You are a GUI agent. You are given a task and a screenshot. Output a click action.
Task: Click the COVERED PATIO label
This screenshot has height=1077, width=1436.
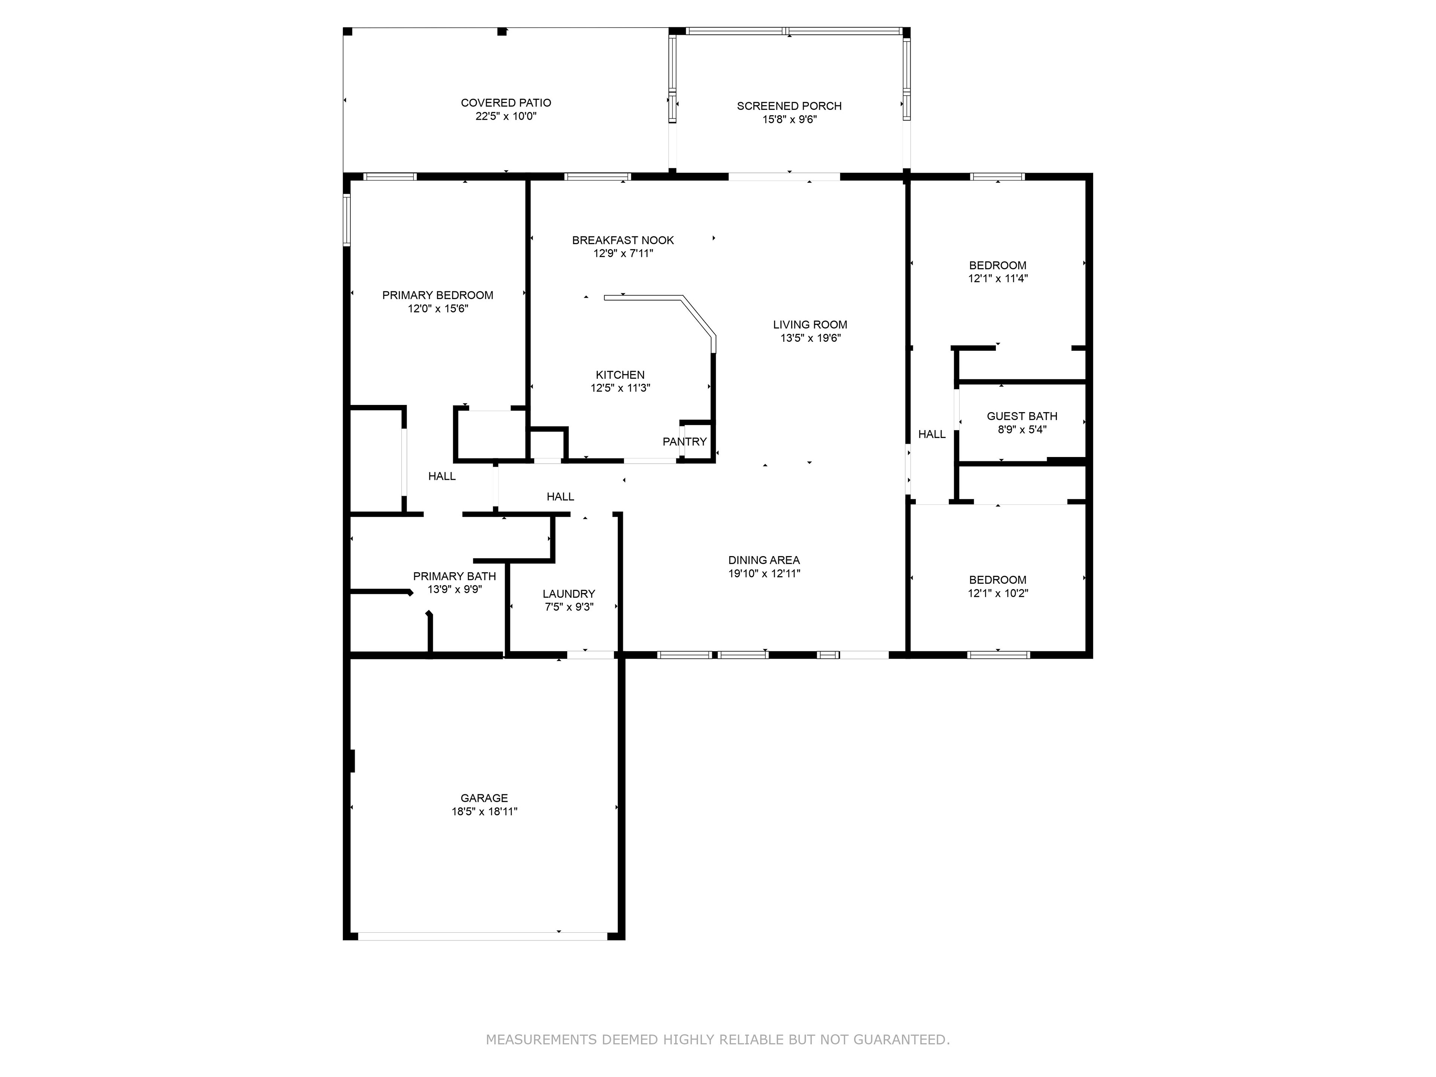coord(506,102)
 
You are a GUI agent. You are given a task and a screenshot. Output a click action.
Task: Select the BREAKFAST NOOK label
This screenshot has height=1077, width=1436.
coord(623,240)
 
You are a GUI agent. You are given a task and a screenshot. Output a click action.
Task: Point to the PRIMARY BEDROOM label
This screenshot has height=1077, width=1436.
coord(438,295)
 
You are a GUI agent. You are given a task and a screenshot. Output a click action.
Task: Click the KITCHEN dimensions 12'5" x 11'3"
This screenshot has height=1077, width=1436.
coord(620,388)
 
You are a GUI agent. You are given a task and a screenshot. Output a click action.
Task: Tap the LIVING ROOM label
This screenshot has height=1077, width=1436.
coord(810,325)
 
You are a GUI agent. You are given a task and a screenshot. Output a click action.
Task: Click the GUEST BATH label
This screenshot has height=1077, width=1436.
coord(1022,416)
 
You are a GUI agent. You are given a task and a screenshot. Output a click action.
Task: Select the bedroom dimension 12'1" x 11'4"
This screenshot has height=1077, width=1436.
coord(998,279)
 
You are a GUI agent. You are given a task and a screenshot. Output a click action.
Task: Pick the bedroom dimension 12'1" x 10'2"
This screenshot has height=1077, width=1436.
coord(998,593)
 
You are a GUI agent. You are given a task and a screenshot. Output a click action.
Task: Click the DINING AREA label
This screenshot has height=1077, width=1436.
coord(764,560)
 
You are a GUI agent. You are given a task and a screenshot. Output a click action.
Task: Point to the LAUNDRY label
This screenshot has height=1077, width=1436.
coord(569,594)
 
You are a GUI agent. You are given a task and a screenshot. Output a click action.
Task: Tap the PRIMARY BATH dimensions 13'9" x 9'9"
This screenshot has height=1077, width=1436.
coord(454,589)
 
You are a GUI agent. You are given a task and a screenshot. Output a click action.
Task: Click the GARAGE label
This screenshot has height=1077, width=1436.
coord(484,798)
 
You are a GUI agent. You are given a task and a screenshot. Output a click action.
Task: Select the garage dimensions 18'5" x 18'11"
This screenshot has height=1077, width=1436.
coord(484,811)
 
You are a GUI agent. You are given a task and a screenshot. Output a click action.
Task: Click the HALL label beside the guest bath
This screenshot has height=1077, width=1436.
coord(932,434)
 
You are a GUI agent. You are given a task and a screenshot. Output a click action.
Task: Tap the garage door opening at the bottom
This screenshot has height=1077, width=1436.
coord(482,936)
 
